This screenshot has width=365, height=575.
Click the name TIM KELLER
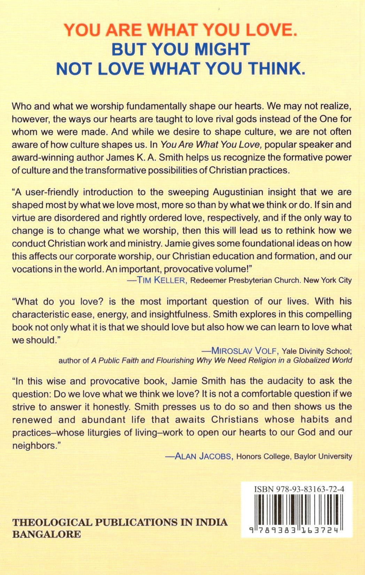(x=162, y=280)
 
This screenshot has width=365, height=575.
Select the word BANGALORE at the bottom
(x=46, y=534)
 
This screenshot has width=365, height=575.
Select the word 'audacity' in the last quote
(x=277, y=381)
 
